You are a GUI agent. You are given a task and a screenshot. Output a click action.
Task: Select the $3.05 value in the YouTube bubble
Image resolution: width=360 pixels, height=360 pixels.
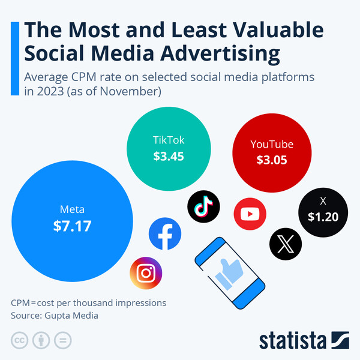(x=272, y=160)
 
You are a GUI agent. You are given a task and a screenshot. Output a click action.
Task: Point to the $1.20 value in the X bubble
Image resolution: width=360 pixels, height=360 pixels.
(x=323, y=217)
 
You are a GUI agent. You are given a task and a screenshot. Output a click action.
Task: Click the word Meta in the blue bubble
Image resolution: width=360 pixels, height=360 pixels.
(x=72, y=210)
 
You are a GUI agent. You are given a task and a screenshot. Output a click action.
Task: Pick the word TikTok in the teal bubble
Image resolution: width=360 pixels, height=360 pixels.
(x=168, y=140)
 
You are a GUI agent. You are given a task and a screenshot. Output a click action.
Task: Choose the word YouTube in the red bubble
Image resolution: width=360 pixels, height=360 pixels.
(x=272, y=144)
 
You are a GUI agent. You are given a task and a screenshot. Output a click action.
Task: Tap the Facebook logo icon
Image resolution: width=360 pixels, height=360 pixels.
(x=165, y=234)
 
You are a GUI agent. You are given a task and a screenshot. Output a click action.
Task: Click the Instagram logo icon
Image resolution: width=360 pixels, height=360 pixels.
(x=146, y=274)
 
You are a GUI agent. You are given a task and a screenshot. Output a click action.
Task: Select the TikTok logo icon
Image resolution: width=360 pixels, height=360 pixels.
(x=204, y=206)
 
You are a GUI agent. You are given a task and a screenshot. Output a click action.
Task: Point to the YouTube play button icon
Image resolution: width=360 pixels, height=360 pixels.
(x=249, y=214)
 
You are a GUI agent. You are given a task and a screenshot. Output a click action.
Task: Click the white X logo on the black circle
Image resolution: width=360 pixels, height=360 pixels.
(x=286, y=244)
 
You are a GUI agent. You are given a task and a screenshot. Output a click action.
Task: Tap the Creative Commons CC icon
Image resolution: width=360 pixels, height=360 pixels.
(x=19, y=341)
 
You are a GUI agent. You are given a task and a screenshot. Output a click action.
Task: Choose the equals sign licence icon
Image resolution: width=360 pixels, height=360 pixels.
(x=62, y=341)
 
